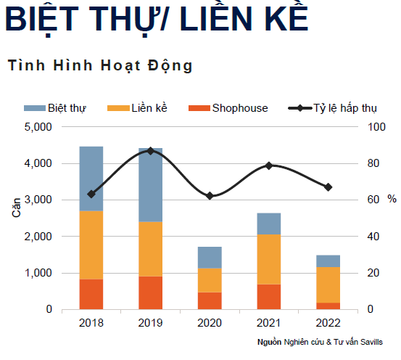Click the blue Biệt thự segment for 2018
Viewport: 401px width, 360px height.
tap(91, 178)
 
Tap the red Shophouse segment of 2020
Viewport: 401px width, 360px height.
tap(210, 300)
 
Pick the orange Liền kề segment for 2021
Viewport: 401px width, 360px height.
tap(268, 259)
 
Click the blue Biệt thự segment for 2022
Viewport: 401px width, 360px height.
tap(328, 261)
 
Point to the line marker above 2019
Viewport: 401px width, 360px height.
tap(150, 151)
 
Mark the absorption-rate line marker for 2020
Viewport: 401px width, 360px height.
tap(210, 196)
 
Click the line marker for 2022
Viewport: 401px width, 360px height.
tap(328, 187)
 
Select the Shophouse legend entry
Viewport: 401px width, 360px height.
tap(239, 108)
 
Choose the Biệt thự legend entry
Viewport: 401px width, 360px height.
tap(67, 108)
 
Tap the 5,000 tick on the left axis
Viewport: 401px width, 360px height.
tap(39, 127)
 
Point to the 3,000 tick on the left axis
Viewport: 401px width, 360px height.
tap(39, 200)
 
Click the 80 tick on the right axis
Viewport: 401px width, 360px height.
tap(374, 163)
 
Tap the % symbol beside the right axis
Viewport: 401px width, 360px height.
tap(392, 199)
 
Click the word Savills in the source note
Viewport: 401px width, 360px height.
tap(371, 342)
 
